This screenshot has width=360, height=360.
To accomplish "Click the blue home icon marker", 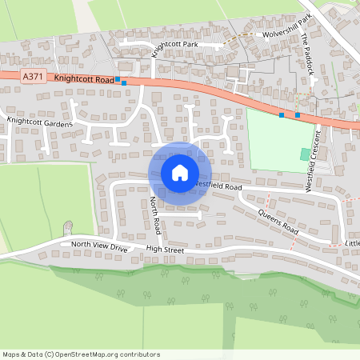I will (x=180, y=172).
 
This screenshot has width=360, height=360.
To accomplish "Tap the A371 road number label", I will (x=32, y=76).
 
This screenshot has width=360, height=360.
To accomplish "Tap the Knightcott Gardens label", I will (x=40, y=122).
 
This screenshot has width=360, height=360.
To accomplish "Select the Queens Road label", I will (x=279, y=222).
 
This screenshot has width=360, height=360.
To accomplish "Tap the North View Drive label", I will (x=99, y=245).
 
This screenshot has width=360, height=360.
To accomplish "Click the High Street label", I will (x=165, y=250).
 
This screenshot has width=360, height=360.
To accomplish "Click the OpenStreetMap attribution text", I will (x=81, y=354).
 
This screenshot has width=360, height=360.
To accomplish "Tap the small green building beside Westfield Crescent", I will (x=304, y=153).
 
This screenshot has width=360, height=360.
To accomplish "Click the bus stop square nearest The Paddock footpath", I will (x=298, y=115).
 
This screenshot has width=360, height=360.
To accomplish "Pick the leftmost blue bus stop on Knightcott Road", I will (x=118, y=79).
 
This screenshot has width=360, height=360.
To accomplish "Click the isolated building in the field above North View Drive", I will (x=68, y=227).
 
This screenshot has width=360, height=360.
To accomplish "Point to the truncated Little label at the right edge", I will (x=353, y=242).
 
